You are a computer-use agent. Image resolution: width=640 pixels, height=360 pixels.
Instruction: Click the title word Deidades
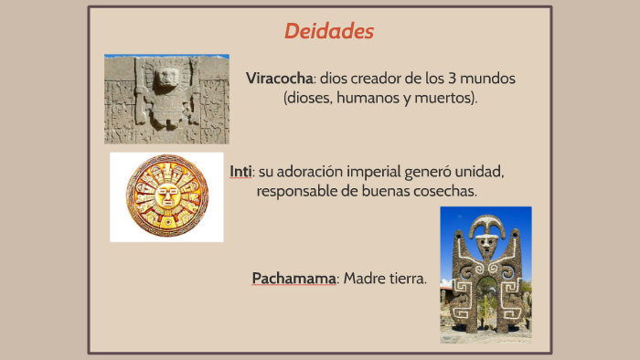(329, 31)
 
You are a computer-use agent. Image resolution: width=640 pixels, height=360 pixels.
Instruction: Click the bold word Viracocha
(279, 79)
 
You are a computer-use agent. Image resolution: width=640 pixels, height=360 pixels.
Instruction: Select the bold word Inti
(240, 172)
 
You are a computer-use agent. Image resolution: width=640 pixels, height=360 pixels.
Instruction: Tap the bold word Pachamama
(294, 278)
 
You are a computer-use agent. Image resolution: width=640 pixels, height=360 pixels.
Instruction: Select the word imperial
(383, 172)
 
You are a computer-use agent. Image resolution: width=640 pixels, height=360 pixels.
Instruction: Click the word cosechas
(446, 191)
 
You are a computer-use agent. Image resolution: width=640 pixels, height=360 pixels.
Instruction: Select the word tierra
(408, 278)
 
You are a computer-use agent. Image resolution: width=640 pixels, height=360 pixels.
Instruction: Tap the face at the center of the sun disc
(167, 196)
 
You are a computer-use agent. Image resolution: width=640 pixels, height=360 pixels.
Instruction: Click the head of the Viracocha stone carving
(166, 79)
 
